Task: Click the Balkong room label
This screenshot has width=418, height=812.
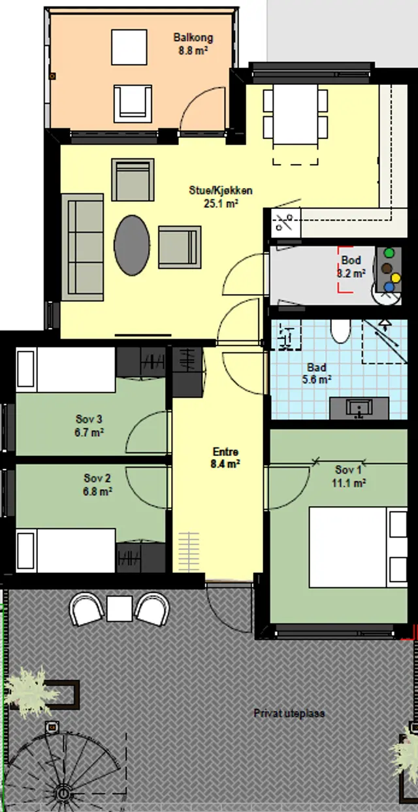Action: (x=193, y=37)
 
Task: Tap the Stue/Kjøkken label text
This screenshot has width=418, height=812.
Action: (x=220, y=191)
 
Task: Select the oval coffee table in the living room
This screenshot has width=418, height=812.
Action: (x=131, y=246)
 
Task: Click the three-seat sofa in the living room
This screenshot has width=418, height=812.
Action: (x=83, y=247)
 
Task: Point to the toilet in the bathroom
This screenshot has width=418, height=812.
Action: (x=340, y=331)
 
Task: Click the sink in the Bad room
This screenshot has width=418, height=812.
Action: (x=359, y=408)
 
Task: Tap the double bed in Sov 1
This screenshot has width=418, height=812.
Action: (x=358, y=547)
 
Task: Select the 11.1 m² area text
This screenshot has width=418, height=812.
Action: (x=348, y=483)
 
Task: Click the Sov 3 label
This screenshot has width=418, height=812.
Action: (x=89, y=419)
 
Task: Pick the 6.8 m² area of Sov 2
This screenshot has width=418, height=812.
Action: (x=97, y=491)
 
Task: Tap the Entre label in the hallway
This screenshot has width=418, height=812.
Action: (x=225, y=452)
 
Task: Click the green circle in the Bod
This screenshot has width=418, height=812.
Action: (x=389, y=253)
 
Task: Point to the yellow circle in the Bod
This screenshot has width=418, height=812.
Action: (x=396, y=278)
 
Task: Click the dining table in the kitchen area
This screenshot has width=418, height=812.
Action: (x=295, y=114)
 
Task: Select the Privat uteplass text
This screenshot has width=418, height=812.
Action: (x=289, y=713)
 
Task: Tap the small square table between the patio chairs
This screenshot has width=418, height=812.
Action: (x=120, y=608)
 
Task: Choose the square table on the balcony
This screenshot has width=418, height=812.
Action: (x=129, y=48)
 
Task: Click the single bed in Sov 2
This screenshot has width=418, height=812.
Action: (x=65, y=551)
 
